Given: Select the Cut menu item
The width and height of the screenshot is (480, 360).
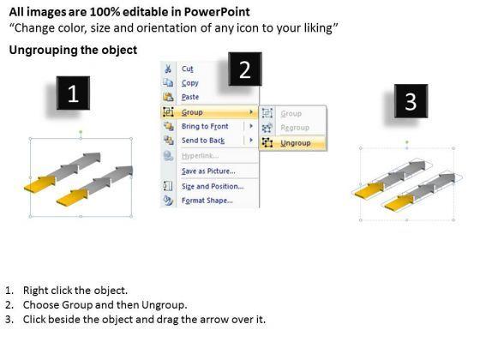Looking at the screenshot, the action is (x=188, y=69).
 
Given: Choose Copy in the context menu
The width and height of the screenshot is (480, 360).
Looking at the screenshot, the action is (x=189, y=83).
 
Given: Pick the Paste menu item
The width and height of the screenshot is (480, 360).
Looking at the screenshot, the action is (x=190, y=97).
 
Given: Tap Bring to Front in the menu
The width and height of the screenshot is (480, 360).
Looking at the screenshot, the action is (x=205, y=126).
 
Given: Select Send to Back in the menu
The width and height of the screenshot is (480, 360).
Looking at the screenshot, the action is (x=203, y=141).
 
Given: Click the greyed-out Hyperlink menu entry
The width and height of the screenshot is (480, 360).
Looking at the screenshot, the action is (x=200, y=156).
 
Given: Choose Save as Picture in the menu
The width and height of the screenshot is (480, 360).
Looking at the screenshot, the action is (x=208, y=171).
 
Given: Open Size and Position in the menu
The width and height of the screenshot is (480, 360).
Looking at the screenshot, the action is (x=213, y=187).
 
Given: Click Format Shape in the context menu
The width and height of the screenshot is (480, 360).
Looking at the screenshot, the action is (x=207, y=201).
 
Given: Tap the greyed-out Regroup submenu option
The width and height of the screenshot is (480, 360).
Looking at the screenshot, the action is (x=295, y=128).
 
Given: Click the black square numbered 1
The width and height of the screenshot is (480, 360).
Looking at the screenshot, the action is (x=73, y=93).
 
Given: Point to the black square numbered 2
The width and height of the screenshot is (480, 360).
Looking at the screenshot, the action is (x=245, y=69).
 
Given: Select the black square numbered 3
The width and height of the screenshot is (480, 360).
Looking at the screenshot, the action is (x=411, y=101).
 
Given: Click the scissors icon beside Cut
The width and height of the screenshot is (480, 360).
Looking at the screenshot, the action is (x=168, y=69).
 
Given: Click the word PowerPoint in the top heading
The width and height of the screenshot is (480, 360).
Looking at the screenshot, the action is (x=217, y=12).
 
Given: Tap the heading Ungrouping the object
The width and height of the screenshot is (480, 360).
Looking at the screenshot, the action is (x=73, y=50).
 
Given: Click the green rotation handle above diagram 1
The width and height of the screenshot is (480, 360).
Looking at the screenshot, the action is (x=81, y=132).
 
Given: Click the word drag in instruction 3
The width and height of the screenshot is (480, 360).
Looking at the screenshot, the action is (x=167, y=319).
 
